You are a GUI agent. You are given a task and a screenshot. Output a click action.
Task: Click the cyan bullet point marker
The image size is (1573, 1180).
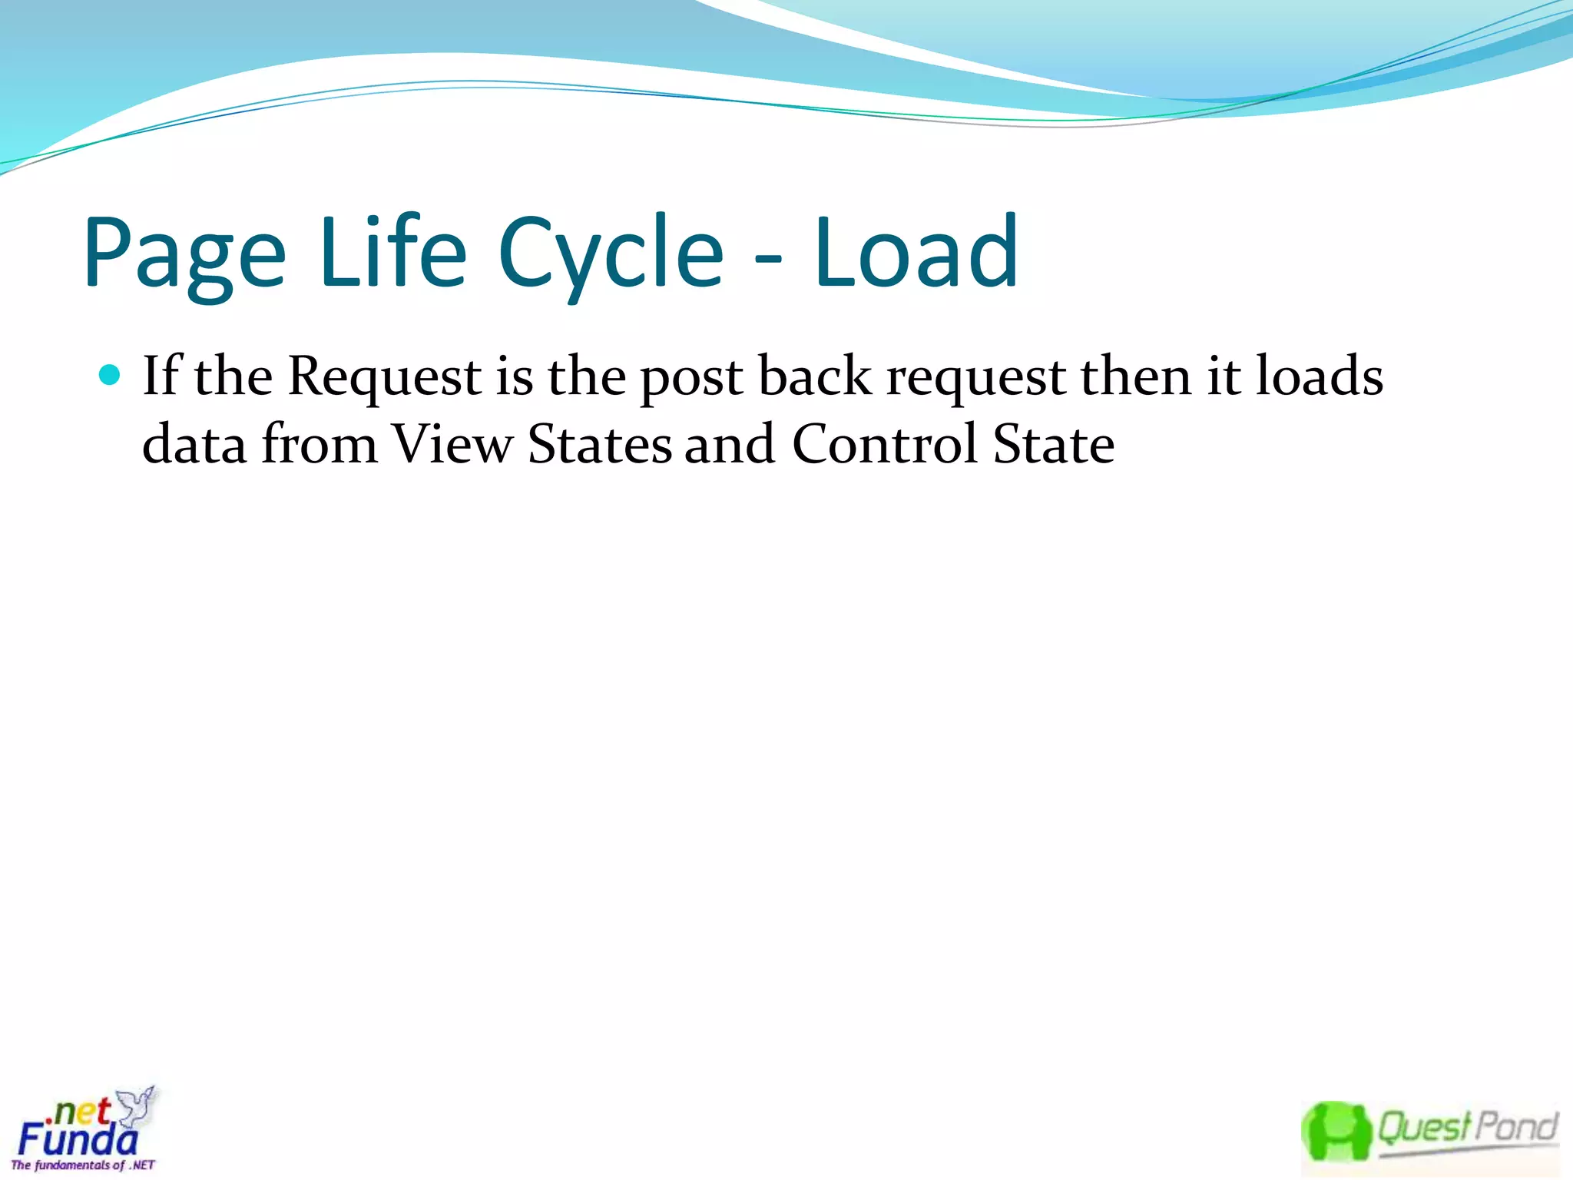(111, 375)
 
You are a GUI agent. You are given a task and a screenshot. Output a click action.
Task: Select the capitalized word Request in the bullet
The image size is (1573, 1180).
(385, 378)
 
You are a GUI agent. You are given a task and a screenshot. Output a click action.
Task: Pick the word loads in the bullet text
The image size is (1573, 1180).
(1319, 376)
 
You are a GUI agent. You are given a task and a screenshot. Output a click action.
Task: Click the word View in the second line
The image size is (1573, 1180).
(452, 445)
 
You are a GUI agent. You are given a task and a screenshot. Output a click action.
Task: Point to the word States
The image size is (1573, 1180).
(600, 445)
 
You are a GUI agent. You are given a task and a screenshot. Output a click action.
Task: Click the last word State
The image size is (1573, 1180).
(1053, 445)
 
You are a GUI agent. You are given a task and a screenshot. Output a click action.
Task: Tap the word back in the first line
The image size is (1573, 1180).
(815, 376)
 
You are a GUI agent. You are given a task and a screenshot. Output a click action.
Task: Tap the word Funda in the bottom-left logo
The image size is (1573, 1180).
(77, 1139)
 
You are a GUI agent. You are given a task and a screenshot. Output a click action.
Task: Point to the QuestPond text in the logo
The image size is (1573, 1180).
(1467, 1128)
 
